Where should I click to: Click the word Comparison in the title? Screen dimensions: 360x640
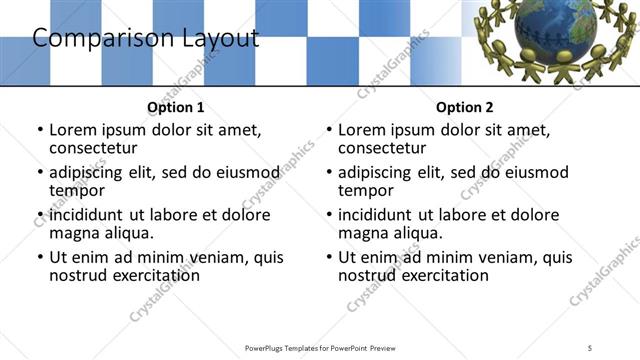pos(93,39)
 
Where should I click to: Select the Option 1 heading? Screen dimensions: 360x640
pos(175,107)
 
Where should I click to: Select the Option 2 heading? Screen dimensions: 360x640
pos(464,107)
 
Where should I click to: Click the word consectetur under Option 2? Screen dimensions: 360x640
pos(387,148)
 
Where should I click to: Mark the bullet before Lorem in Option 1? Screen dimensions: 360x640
pos(39,130)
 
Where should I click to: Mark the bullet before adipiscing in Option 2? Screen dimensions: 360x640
pos(328,173)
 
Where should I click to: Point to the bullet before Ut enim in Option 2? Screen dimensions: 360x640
pos(328,257)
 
